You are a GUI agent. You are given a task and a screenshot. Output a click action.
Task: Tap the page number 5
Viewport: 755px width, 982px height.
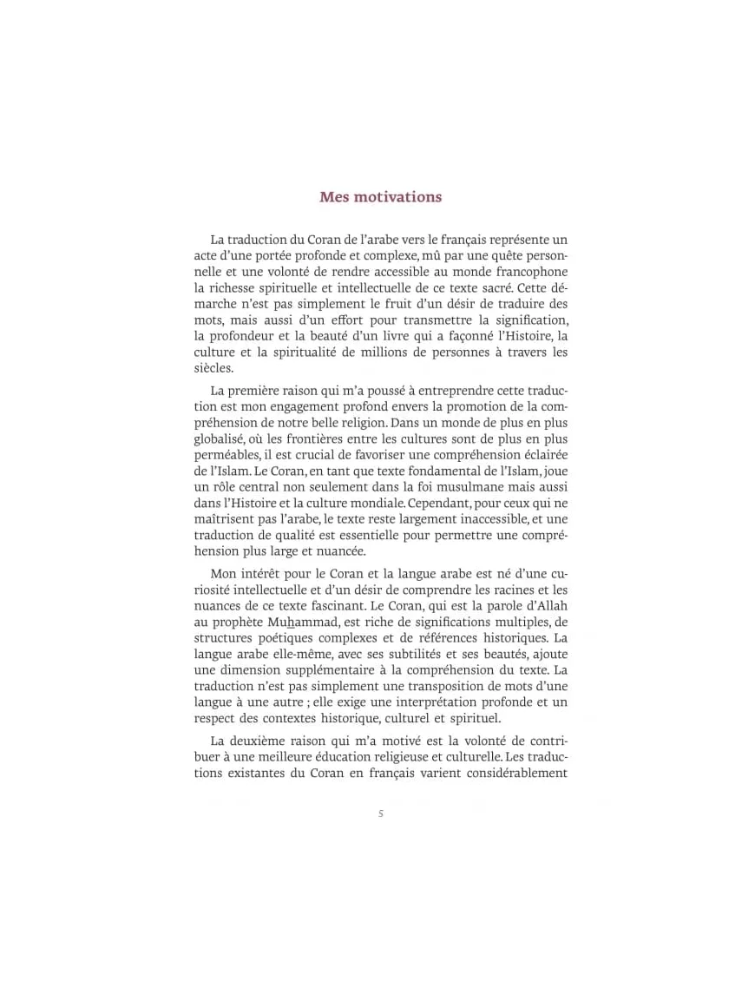(x=381, y=814)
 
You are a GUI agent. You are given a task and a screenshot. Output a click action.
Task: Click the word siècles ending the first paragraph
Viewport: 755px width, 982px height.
(x=213, y=368)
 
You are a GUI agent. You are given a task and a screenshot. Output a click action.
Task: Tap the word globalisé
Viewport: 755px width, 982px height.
(x=219, y=439)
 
